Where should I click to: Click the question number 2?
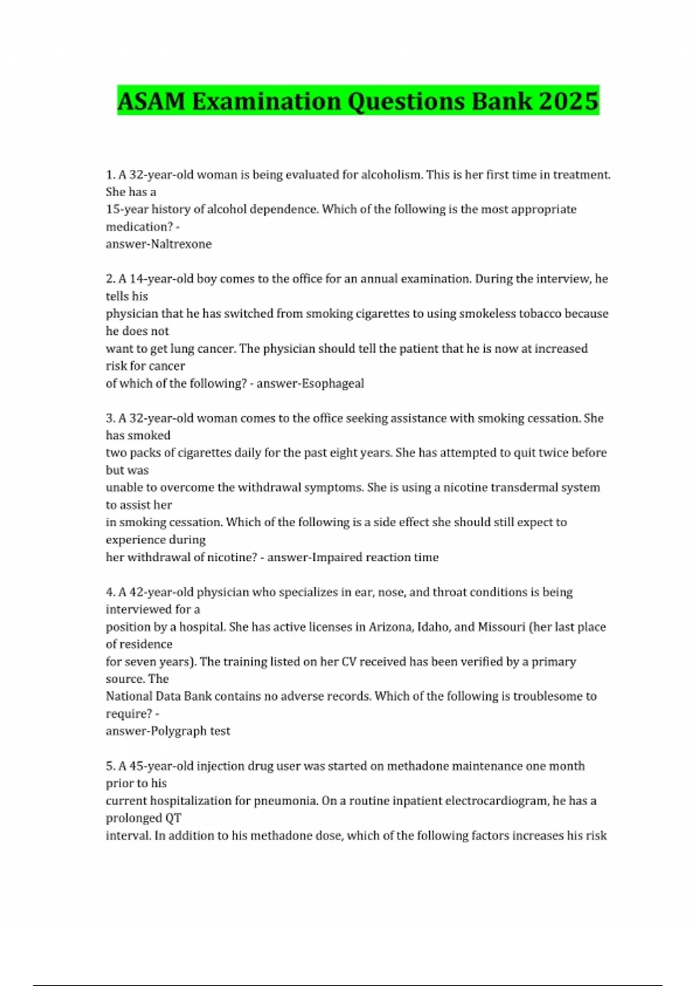tap(110, 279)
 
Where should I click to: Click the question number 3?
tap(110, 418)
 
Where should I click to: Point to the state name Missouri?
tap(501, 627)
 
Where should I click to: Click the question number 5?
tap(110, 766)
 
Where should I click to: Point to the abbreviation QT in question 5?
tap(173, 818)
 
